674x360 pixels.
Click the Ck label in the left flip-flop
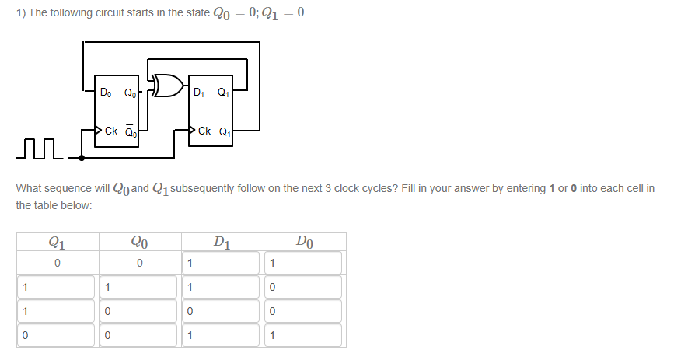point(110,131)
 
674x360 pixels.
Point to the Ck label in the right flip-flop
point(204,131)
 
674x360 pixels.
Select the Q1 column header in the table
point(57,241)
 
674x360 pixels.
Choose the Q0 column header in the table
point(139,241)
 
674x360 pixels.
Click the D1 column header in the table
point(222,241)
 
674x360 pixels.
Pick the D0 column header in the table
point(305,241)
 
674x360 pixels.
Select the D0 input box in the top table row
point(305,264)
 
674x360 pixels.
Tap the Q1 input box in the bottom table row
point(57,335)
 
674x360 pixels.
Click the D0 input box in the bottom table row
point(305,335)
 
